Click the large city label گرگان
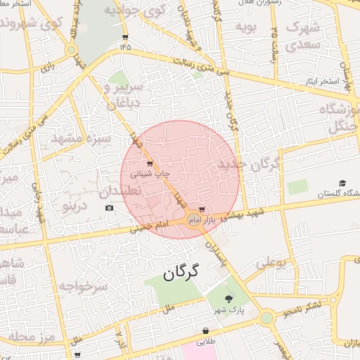(181, 272)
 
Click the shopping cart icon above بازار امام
(202, 210)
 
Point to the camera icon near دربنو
(109, 208)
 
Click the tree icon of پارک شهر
(227, 299)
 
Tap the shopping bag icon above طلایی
(205, 330)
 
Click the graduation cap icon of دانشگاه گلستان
(342, 184)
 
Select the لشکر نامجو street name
(301, 308)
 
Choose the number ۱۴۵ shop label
(125, 47)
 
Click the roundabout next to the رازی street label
(71, 50)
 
